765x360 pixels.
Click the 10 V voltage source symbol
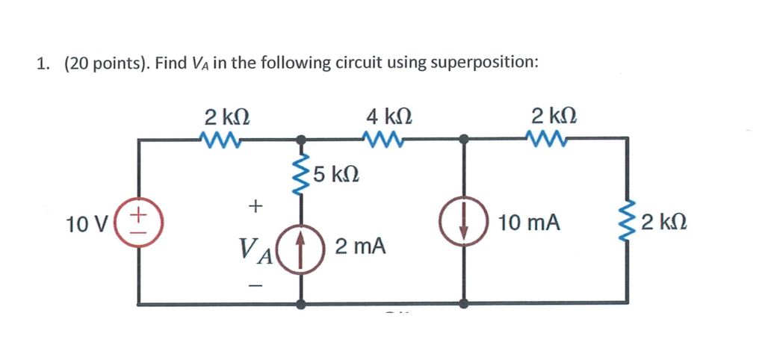(139, 222)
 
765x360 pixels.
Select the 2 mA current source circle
(302, 246)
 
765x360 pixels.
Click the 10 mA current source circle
(464, 223)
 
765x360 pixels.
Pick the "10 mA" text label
(530, 223)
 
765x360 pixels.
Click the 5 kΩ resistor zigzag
(302, 175)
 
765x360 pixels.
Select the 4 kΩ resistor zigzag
(382, 138)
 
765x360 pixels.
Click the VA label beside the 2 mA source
(255, 246)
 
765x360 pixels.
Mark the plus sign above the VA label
(255, 204)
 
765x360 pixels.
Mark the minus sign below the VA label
(255, 285)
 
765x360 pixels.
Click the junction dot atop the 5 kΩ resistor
(302, 139)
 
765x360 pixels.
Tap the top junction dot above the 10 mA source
(464, 139)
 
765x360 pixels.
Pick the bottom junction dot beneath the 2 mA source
(302, 304)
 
